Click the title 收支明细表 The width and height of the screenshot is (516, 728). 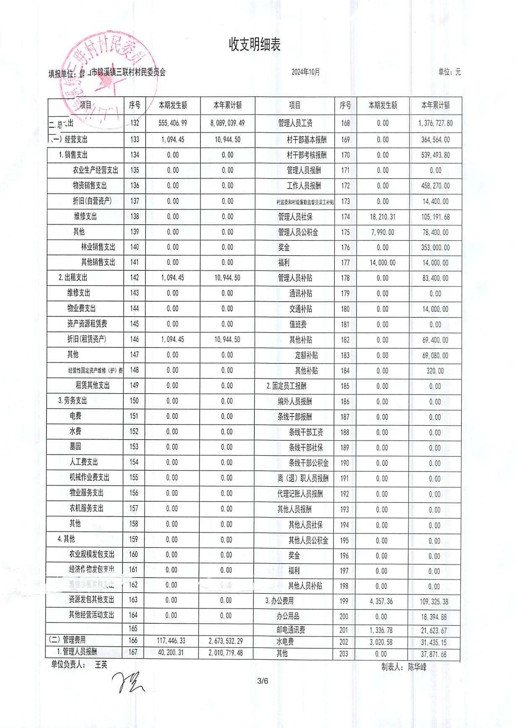click(x=255, y=44)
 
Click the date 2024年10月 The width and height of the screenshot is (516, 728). click(x=306, y=72)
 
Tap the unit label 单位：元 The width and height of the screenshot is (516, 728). click(x=449, y=72)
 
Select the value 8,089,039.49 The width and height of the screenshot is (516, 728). click(x=227, y=123)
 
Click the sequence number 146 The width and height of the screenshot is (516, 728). click(x=134, y=339)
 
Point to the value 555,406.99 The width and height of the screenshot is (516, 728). click(x=173, y=123)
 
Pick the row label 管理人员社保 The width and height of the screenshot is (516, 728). click(x=295, y=217)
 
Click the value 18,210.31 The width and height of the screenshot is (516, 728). click(x=383, y=217)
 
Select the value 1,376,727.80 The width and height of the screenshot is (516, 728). click(x=435, y=123)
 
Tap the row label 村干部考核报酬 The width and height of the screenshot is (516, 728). click(x=307, y=155)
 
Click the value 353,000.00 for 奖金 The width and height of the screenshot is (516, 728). click(x=435, y=248)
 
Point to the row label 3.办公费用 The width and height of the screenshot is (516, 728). click(x=279, y=601)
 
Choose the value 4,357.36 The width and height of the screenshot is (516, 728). click(x=381, y=601)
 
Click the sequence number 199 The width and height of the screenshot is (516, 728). click(x=344, y=601)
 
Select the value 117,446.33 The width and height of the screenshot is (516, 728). click(x=171, y=641)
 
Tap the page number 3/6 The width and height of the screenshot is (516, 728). click(x=263, y=681)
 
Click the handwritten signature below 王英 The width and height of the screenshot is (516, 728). click(x=128, y=682)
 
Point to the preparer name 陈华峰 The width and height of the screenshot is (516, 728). click(x=417, y=667)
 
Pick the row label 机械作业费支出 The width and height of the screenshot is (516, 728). click(x=89, y=477)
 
